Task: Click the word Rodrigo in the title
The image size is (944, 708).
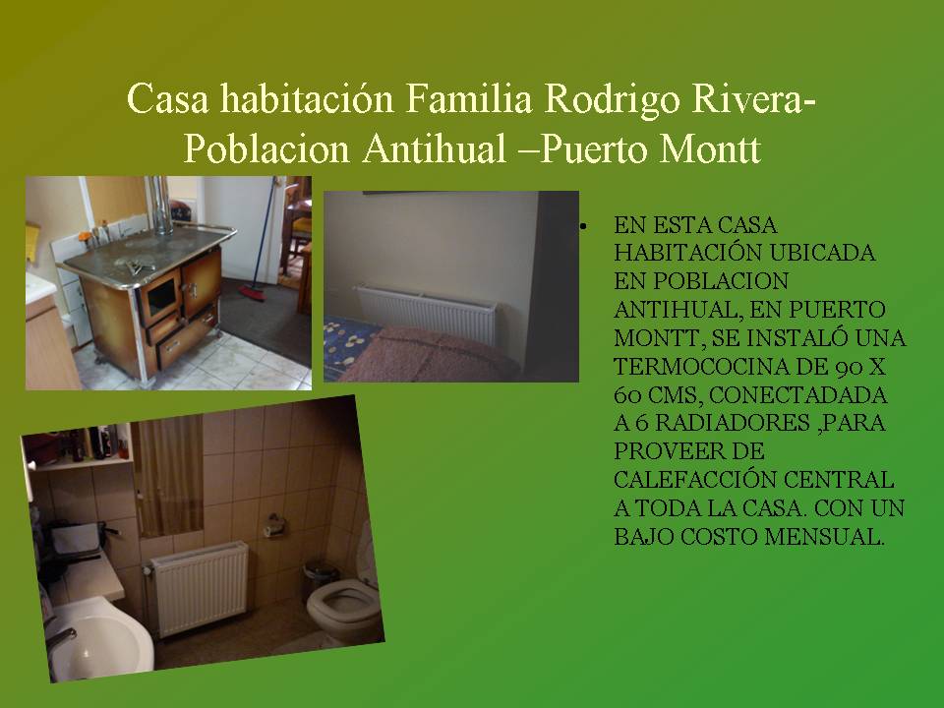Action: coord(612,99)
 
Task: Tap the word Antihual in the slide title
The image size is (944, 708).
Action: coord(434,148)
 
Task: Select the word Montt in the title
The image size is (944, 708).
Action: coord(710,148)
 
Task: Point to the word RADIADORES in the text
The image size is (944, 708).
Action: coord(732,423)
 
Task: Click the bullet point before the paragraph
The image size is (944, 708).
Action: coord(583,227)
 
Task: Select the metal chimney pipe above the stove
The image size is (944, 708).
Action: coord(160,205)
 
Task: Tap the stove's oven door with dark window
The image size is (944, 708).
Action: coord(159,299)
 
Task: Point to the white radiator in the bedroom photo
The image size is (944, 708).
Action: coord(426,313)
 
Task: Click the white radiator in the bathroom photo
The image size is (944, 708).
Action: coord(199,588)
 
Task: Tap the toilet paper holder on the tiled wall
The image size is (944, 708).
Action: coord(274,525)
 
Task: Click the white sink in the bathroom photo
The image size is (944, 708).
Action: coord(99,639)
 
